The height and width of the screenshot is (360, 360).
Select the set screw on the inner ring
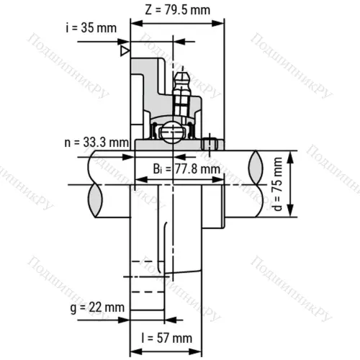click(x=210, y=143)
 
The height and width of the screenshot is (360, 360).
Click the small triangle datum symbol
click(x=125, y=51)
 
